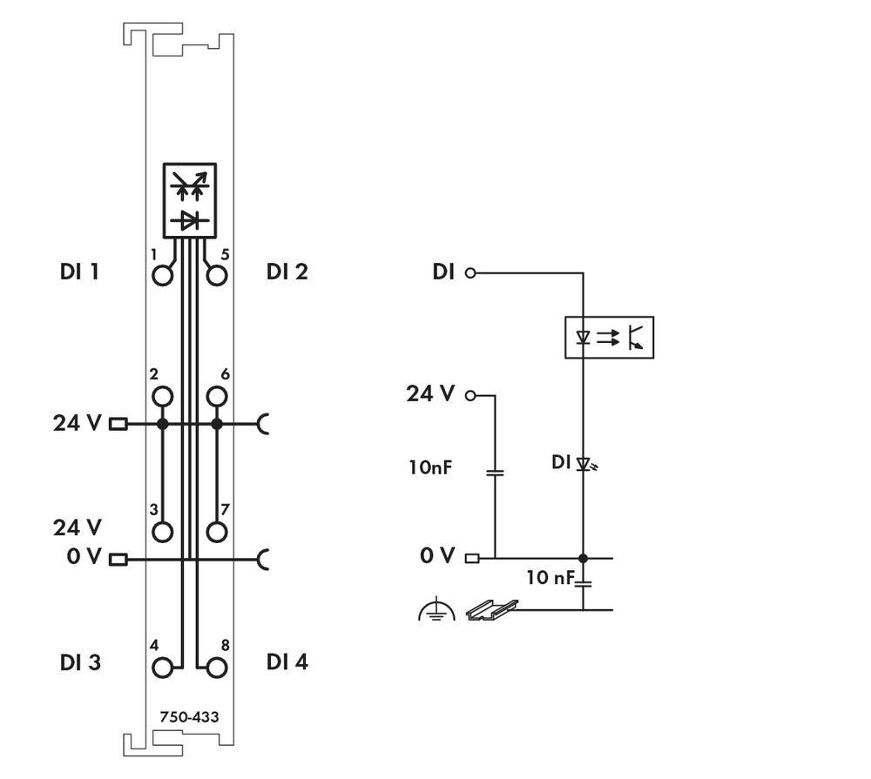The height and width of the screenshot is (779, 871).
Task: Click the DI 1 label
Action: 79,272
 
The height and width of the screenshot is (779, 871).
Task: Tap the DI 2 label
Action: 287,272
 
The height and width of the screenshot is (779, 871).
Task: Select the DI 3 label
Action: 79,662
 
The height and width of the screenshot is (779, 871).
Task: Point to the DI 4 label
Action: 287,662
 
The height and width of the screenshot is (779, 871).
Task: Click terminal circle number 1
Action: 162,276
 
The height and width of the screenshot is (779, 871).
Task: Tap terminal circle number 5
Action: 217,276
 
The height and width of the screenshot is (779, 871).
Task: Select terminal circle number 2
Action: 162,398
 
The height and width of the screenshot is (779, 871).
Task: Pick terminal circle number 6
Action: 217,398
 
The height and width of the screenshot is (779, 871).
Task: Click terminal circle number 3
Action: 162,532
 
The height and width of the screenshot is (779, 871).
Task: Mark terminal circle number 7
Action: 217,532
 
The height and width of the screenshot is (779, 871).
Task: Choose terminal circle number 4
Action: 162,668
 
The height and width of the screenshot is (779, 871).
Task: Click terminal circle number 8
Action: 217,668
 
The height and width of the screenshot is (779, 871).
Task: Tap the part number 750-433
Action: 189,717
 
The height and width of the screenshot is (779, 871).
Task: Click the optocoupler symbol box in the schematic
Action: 609,337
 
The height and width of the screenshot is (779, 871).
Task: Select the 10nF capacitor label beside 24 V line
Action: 430,467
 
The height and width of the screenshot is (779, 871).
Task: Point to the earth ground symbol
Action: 436,611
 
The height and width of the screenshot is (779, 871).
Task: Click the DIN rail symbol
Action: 491,609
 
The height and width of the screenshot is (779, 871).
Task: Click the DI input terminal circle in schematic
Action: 471,272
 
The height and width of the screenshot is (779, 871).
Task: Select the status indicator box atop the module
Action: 189,198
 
